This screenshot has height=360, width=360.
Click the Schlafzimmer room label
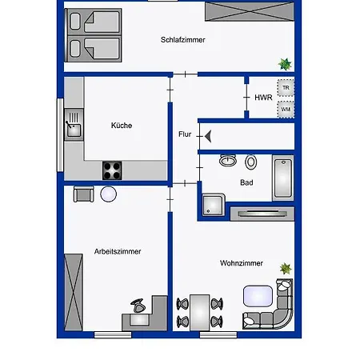(x=183, y=40)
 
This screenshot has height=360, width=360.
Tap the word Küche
(x=122, y=125)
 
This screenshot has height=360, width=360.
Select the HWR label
(x=263, y=98)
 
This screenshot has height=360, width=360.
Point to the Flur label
(x=185, y=134)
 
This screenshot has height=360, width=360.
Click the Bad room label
(x=246, y=182)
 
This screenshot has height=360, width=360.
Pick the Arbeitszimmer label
(x=118, y=251)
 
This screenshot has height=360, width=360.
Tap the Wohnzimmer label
(x=242, y=263)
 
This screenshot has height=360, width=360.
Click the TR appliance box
(x=286, y=87)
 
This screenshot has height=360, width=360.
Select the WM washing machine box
(x=286, y=110)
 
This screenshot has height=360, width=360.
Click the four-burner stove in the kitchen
(x=112, y=170)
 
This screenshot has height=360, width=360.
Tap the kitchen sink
(x=74, y=125)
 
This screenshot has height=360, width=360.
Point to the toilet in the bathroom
(x=251, y=162)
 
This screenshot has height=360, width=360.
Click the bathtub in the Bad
(x=283, y=178)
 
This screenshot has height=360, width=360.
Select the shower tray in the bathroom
(x=214, y=205)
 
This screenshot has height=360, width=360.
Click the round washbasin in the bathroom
(x=228, y=160)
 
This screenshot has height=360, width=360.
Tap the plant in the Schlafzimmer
(x=285, y=64)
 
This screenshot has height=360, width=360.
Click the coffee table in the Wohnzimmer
(x=258, y=296)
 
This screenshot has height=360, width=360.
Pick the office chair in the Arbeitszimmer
(x=138, y=306)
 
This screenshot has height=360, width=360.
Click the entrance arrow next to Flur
(x=208, y=136)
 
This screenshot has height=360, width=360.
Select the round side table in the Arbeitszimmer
(x=109, y=194)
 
